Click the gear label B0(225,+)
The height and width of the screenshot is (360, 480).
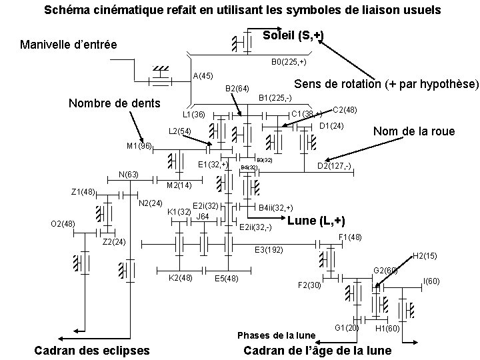pos(289,62)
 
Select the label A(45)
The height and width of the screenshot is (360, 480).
pos(203,75)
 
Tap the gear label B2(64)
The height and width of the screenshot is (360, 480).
pos(237,88)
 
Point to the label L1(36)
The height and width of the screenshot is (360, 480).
pos(193,114)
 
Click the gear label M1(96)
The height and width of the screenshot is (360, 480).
pos(139,146)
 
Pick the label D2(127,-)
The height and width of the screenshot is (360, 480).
pos(334,165)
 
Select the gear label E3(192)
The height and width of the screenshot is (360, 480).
pos(269,250)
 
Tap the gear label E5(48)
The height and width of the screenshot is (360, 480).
pos(227,278)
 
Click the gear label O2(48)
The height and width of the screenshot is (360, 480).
pos(63,223)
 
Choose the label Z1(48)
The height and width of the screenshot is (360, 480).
pos(83,193)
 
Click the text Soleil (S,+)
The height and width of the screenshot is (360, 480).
pos(293,35)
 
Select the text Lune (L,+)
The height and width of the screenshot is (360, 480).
pos(315,221)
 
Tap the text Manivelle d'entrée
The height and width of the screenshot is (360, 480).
pos(69,45)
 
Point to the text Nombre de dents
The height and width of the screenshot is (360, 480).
pos(115,103)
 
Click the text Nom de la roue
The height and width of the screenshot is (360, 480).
pos(413,131)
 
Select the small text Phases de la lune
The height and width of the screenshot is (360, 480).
pos(276,335)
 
